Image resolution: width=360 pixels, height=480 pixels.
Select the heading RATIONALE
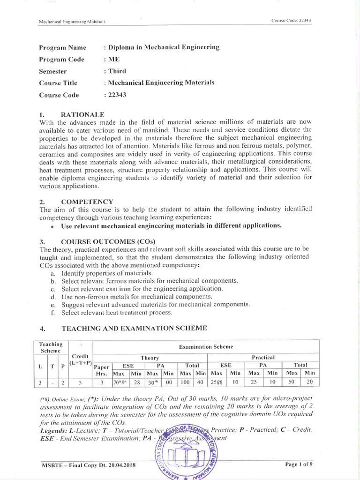(83, 114)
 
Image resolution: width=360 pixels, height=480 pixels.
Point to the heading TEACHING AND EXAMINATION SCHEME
(134, 328)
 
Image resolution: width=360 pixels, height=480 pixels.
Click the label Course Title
(58, 83)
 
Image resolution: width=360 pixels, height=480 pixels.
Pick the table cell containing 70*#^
(120, 382)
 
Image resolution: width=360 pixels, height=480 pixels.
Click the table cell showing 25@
(216, 382)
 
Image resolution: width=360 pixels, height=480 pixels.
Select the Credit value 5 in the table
(81, 382)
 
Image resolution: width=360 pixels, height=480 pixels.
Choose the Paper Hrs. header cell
(102, 369)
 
